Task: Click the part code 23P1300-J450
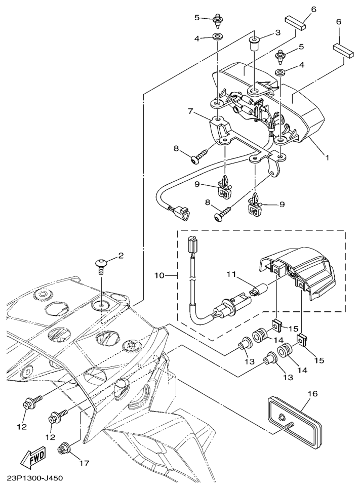coord(35,477)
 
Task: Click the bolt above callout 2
coord(101,265)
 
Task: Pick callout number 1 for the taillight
coord(328,157)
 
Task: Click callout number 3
coord(277,32)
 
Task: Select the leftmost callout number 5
coord(197,18)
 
